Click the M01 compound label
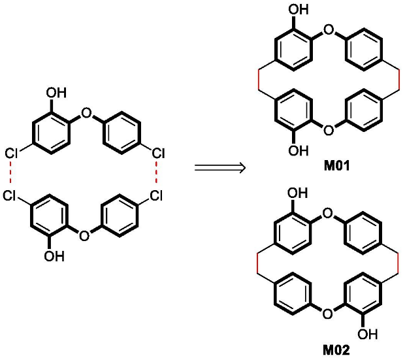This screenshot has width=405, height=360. (336, 166)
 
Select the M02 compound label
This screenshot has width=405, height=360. (336, 350)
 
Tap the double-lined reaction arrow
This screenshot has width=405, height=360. (219, 168)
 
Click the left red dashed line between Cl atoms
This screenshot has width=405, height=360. (10, 172)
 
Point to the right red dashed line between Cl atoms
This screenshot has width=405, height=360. (156, 172)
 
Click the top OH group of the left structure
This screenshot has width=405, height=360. (56, 93)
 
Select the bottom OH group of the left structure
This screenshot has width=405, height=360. (54, 256)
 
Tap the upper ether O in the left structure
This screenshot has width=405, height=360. (86, 113)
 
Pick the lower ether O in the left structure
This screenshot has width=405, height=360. (84, 236)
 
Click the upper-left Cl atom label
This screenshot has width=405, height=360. (11, 154)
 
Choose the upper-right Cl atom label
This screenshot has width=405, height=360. (158, 154)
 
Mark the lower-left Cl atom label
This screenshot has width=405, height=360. (9, 195)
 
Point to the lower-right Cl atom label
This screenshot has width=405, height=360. (156, 195)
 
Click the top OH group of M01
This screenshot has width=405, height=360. (299, 10)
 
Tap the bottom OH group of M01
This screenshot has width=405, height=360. (299, 150)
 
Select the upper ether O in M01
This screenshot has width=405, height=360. (329, 30)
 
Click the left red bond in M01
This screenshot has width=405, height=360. (258, 80)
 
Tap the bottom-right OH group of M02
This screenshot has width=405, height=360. (367, 334)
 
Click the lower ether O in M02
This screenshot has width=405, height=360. (328, 314)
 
